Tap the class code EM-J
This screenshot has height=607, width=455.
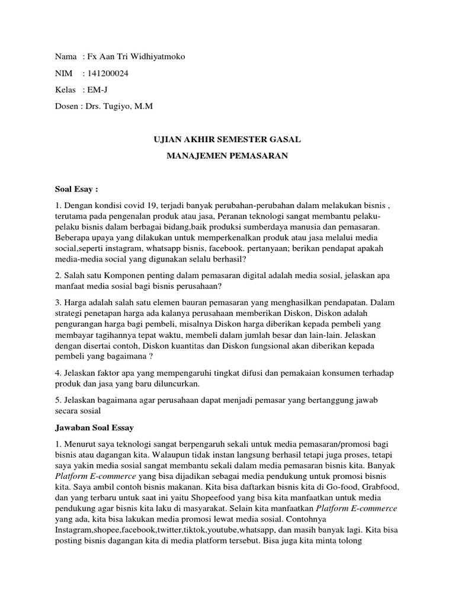click(x=97, y=90)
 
